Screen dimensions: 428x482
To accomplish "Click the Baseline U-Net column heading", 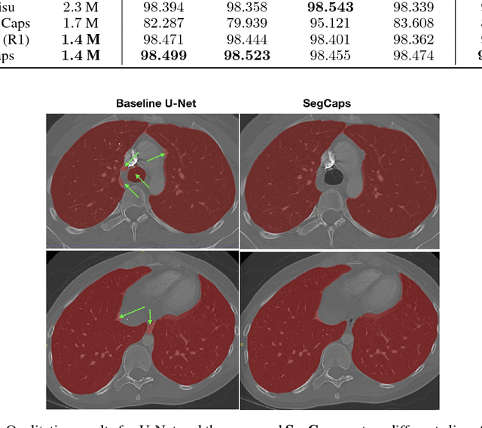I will [x=156, y=102].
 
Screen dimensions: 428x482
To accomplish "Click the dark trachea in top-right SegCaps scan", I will [x=331, y=181].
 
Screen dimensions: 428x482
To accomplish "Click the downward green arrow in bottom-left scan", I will [x=151, y=317].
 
